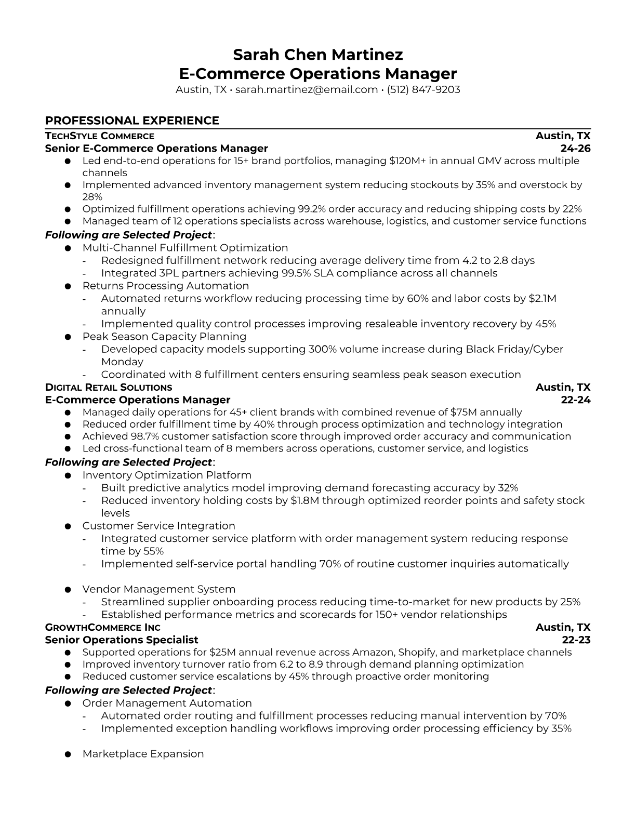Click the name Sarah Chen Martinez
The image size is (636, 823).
tap(317, 55)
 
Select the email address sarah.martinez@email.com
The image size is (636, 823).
tap(306, 89)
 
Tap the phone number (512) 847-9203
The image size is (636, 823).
tap(423, 89)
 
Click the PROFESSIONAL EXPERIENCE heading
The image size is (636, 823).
tap(132, 121)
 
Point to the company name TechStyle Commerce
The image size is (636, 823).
tap(100, 136)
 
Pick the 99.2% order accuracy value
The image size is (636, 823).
tap(311, 209)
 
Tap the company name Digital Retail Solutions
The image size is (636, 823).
tap(109, 388)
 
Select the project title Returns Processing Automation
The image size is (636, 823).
tap(166, 286)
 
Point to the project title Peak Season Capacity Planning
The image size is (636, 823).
tap(164, 336)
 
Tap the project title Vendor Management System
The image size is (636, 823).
tap(159, 589)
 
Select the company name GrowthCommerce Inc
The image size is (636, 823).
tap(103, 628)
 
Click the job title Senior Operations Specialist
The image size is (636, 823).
tap(122, 640)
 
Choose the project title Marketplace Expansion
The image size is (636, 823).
tap(143, 754)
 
